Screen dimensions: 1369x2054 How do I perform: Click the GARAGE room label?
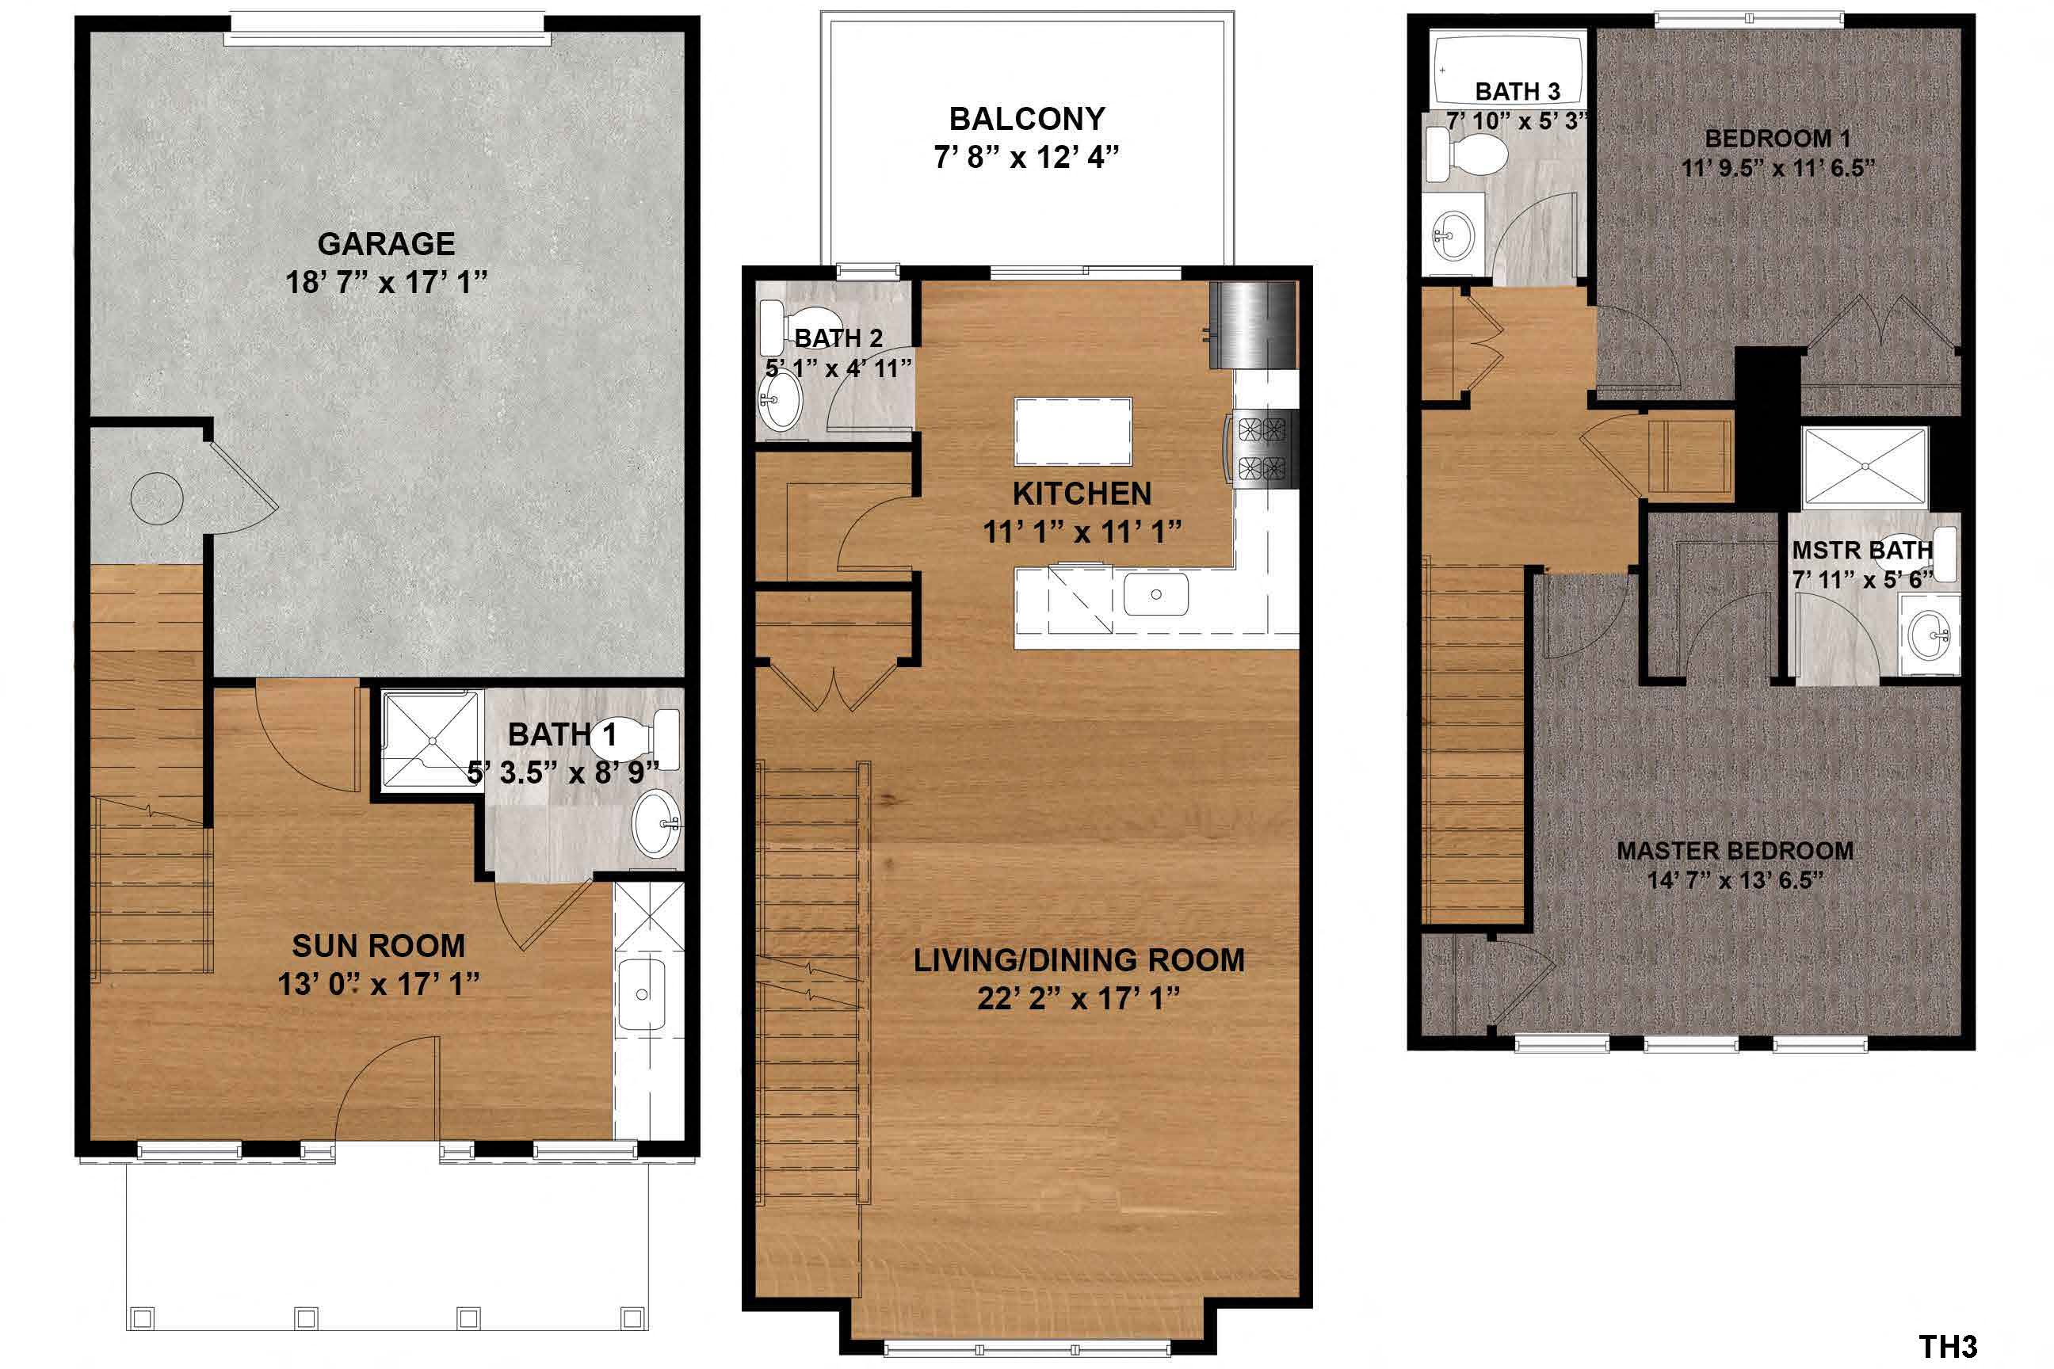(386, 243)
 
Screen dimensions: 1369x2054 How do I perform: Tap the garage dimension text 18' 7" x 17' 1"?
(386, 283)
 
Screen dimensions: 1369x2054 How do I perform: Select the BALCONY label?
(1027, 119)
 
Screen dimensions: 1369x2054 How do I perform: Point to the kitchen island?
(1072, 431)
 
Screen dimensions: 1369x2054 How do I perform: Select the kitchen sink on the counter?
(1155, 593)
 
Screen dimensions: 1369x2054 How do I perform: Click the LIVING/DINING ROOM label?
(1079, 960)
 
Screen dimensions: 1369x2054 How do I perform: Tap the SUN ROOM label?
(378, 947)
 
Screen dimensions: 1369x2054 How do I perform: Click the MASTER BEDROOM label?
(1735, 850)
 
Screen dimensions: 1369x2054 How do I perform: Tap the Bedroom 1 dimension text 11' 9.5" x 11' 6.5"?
(1777, 168)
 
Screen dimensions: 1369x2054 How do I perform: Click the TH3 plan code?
(1946, 1346)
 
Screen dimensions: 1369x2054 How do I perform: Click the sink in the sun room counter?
(642, 993)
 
